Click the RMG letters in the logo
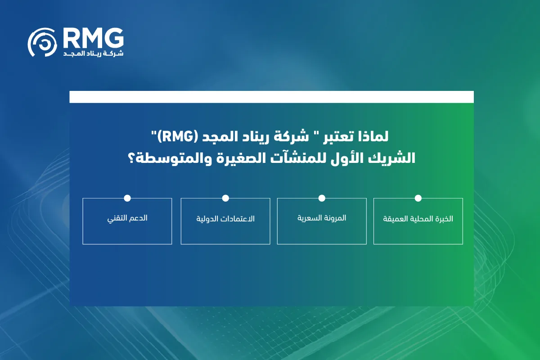point(93,38)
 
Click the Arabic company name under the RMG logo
point(94,54)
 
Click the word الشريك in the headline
point(388,159)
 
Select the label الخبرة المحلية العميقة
point(418,219)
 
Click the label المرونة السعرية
point(322,218)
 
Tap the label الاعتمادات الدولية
point(225,219)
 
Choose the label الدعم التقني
point(127,218)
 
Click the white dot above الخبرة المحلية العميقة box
point(418,198)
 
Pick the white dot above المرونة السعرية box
point(322,198)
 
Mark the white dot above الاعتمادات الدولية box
point(225,198)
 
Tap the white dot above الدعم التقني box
point(127,198)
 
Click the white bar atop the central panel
point(271,97)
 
